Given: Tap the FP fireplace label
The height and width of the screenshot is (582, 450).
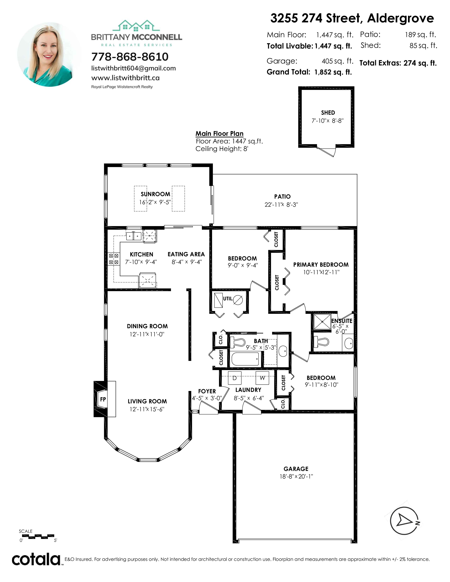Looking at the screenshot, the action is pyautogui.click(x=103, y=399).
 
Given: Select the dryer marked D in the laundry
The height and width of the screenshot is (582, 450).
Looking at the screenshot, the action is pyautogui.click(x=235, y=378).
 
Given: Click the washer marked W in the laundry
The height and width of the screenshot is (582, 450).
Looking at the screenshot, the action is pyautogui.click(x=262, y=378).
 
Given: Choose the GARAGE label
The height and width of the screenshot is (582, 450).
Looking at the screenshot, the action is pyautogui.click(x=296, y=469).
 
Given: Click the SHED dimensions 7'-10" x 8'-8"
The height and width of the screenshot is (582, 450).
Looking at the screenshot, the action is pyautogui.click(x=328, y=121).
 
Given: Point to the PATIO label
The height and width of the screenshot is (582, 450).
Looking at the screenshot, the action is pyautogui.click(x=282, y=197).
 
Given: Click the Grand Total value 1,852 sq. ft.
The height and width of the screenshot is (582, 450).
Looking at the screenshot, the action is pyautogui.click(x=333, y=72).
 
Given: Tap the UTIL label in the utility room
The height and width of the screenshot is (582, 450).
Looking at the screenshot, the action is pyautogui.click(x=227, y=299).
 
